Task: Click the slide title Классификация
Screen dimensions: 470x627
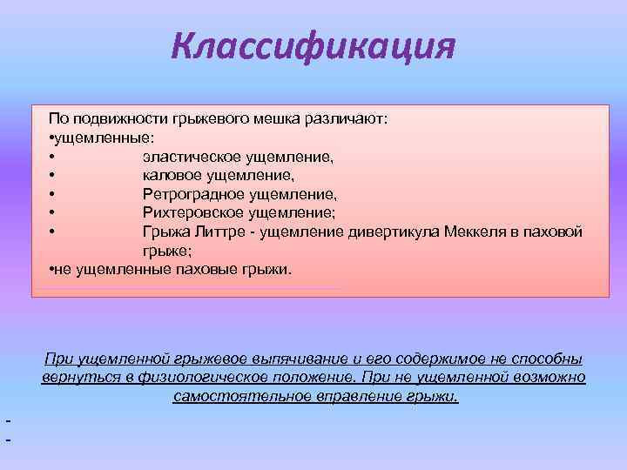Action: [x=313, y=44]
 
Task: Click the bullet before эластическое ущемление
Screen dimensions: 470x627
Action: [x=53, y=158]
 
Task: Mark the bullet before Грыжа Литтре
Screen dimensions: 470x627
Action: [x=53, y=232]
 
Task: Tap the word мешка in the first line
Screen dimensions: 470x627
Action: [x=299, y=118]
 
